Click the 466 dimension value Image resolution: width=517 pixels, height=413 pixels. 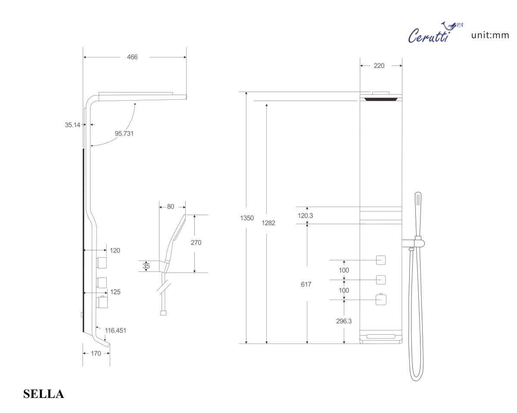tap(132, 57)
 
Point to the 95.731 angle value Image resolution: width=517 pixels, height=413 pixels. tap(124, 133)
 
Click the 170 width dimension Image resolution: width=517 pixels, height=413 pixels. tap(96, 353)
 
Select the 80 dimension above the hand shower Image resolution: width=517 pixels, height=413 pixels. tap(170, 206)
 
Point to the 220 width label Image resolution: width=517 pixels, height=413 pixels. tap(380, 66)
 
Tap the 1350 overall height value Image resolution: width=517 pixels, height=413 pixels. tap(247, 218)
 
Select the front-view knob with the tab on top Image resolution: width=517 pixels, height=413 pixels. tap(380, 299)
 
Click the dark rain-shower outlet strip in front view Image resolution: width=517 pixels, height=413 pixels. tap(380, 99)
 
